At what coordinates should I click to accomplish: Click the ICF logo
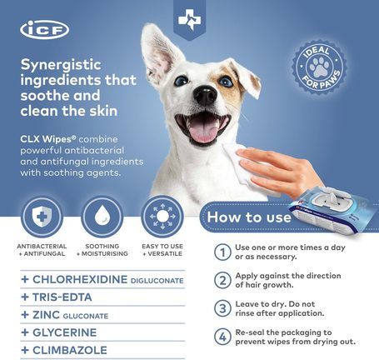point(45,29)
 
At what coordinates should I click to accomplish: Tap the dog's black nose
point(205,95)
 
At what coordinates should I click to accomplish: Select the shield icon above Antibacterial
point(42,217)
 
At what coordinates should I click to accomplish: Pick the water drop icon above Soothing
point(102,217)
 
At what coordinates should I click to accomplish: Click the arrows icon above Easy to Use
point(162,217)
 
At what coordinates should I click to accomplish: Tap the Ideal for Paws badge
point(319,67)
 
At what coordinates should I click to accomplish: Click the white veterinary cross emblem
point(190,20)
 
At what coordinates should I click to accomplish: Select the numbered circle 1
point(222,252)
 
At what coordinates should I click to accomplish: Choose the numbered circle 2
point(222,280)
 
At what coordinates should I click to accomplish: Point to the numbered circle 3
point(222,308)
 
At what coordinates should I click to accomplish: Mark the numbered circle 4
point(222,337)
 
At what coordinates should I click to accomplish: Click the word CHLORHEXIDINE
point(80,279)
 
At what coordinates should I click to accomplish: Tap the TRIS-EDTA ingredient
point(62,297)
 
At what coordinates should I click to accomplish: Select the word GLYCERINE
point(65,332)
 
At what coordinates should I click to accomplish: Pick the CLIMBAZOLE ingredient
point(70,350)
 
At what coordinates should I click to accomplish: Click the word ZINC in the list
point(46,315)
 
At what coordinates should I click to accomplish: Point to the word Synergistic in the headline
point(61,66)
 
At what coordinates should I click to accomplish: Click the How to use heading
point(249,217)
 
